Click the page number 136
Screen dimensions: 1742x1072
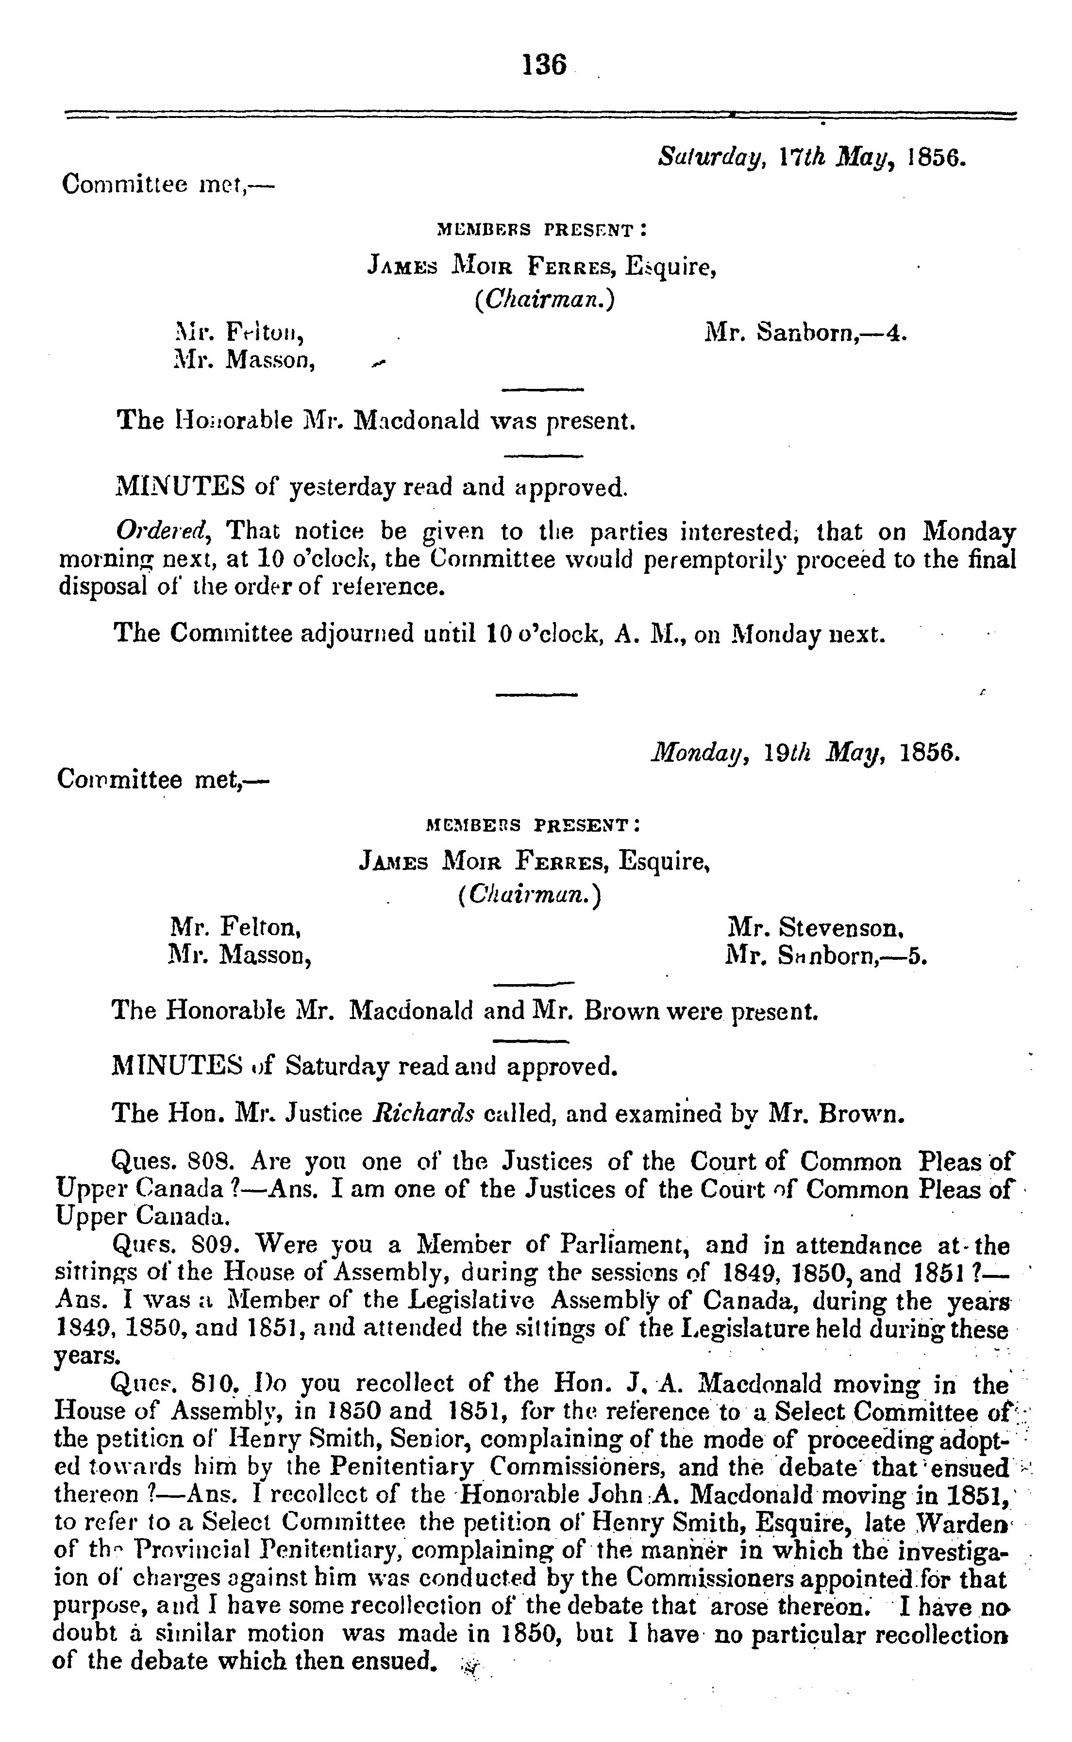[x=545, y=65]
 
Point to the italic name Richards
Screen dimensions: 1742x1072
[x=423, y=1113]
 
